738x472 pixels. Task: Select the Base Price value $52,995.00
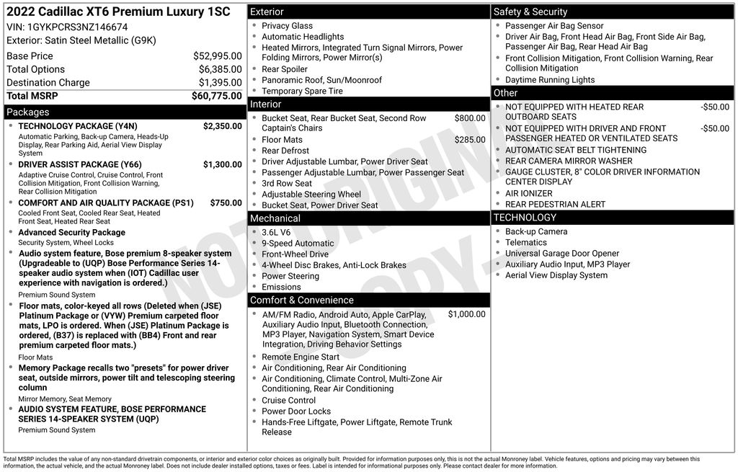point(218,55)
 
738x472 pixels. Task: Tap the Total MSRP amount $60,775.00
point(216,96)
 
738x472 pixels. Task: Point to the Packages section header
point(28,112)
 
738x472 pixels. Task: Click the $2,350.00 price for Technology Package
point(222,126)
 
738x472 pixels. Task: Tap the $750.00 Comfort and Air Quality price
point(226,203)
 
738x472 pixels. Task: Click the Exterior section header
point(267,12)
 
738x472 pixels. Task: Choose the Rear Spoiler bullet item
point(284,69)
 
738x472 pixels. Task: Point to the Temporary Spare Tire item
point(302,91)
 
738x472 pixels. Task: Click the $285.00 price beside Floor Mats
point(470,140)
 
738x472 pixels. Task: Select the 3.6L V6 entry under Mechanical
point(276,232)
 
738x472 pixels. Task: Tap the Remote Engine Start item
point(300,357)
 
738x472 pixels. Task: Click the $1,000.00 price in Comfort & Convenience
point(466,314)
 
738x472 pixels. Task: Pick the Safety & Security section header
point(530,12)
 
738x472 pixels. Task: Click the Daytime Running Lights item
point(550,80)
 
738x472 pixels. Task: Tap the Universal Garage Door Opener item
point(562,254)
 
